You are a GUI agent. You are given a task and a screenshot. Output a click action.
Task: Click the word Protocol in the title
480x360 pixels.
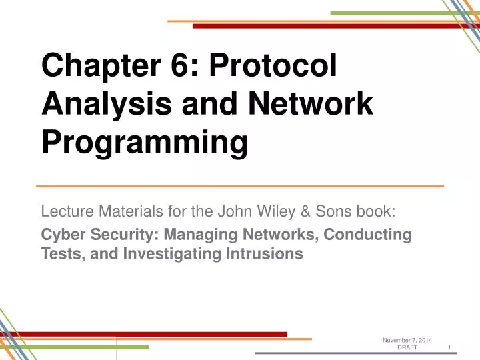273,68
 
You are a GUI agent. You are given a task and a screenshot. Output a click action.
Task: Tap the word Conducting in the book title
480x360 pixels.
374,235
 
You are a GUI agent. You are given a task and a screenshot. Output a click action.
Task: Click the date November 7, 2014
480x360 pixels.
407,341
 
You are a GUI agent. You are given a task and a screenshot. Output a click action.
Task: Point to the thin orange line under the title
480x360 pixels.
240,185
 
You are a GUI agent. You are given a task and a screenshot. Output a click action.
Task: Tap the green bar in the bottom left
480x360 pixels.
74,347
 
